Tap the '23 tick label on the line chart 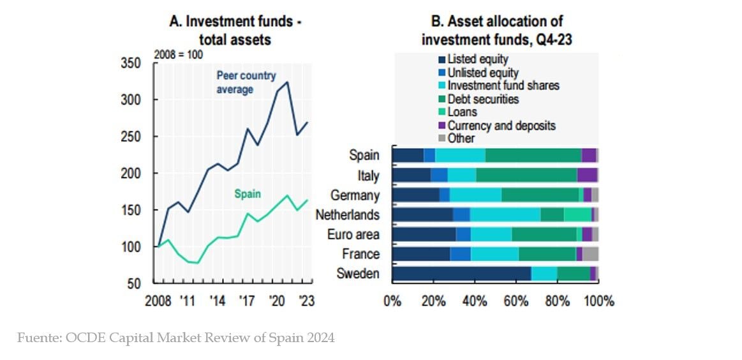pos(306,301)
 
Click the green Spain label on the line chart pos(248,194)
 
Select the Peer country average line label pos(246,82)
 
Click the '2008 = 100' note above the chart pos(179,54)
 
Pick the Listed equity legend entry pos(477,59)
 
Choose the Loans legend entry pos(462,112)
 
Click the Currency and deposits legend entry pos(501,125)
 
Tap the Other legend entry pos(461,138)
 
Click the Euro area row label pos(353,234)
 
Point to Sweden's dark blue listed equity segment pos(461,274)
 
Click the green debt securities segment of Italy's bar pos(526,175)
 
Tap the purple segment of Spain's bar pos(589,155)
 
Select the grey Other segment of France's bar pos(590,254)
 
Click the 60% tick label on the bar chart pos(516,301)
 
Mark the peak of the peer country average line pos(287,82)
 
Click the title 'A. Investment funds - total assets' pos(235,30)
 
